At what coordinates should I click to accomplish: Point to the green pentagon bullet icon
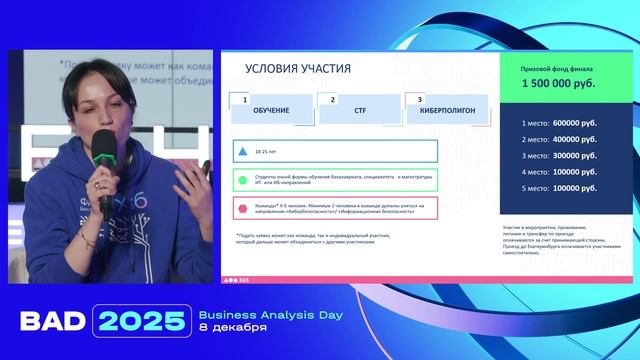pos(242,181)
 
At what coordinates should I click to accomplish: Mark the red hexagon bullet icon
pos(242,208)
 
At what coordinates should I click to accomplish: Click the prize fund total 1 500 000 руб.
pos(559,85)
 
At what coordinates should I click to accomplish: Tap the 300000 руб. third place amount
pos(579,155)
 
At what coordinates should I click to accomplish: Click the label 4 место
pos(536,171)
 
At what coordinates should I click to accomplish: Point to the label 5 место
pos(536,188)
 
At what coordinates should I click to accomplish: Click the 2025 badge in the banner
pos(139,321)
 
